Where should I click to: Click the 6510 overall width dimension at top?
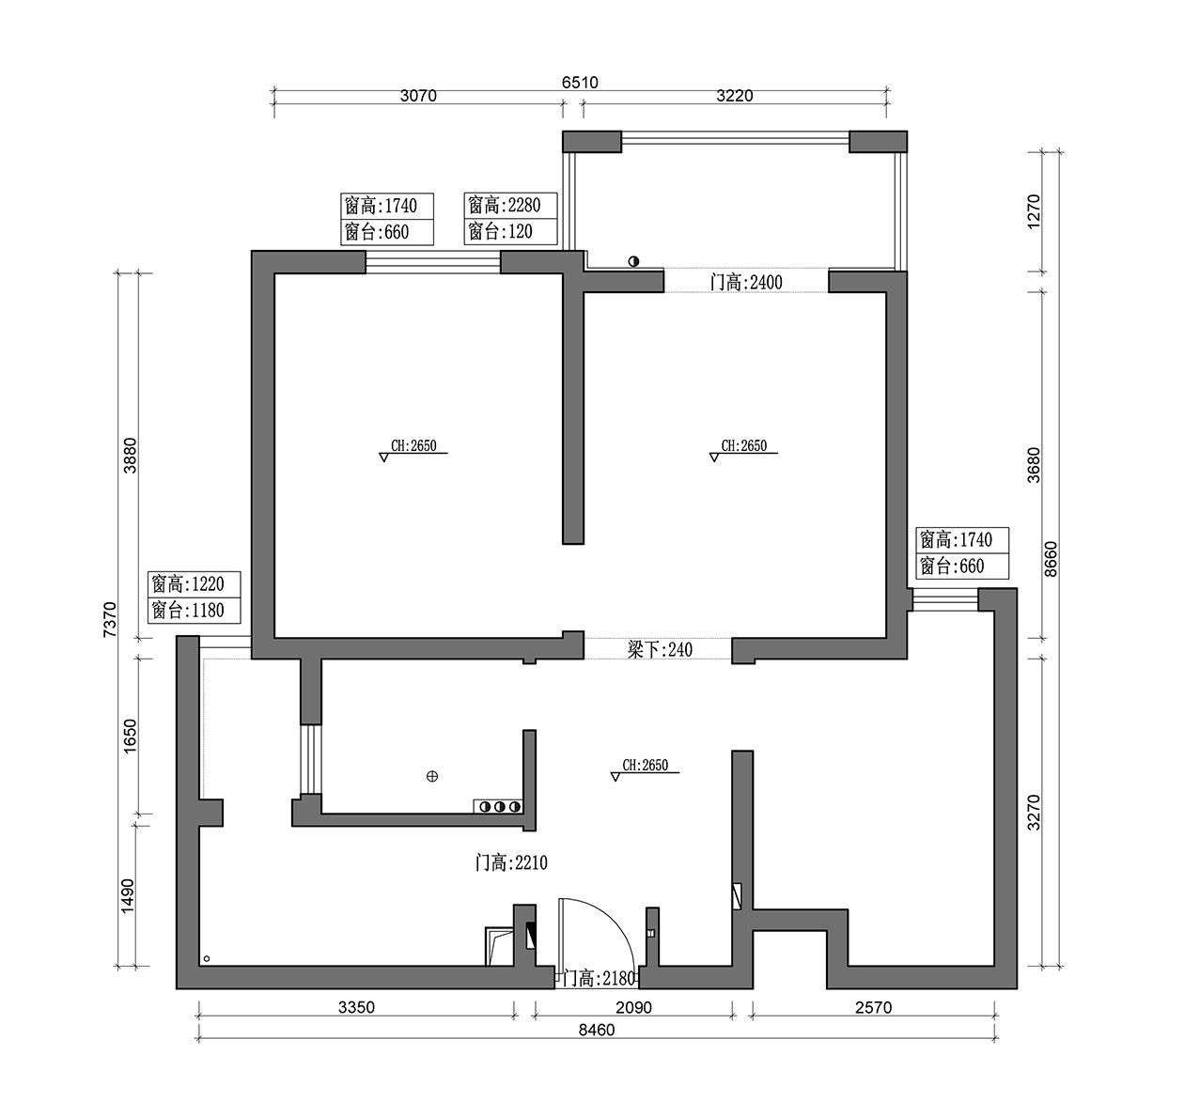pos(580,83)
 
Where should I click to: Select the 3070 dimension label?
pos(418,96)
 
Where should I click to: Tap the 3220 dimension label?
pos(735,96)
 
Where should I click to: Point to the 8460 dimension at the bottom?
pos(597,1030)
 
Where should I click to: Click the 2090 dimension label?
pos(633,1008)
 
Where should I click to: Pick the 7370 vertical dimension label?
pos(109,621)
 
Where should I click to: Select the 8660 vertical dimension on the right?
pos(1051,560)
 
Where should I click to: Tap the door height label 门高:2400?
pos(746,282)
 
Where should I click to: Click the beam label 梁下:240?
pos(660,649)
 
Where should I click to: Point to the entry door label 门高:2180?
pos(600,979)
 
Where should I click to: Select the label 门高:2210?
pos(511,862)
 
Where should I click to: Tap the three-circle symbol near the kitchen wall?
pos(499,806)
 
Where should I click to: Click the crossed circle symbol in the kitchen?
pos(432,776)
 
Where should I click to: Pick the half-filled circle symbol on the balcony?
pos(633,261)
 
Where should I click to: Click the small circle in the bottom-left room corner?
pos(207,959)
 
